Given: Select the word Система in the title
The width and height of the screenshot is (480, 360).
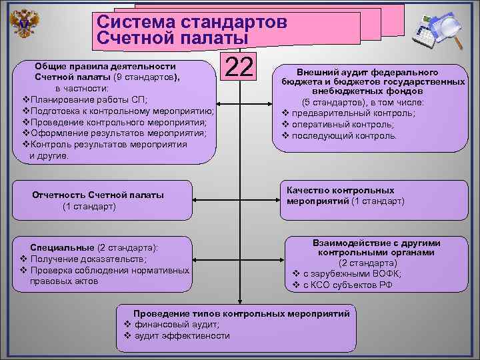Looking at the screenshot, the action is point(134,22).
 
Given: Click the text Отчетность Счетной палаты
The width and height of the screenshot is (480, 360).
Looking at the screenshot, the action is point(98,195).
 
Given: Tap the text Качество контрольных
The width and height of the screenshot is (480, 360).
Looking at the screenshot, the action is point(340,190).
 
